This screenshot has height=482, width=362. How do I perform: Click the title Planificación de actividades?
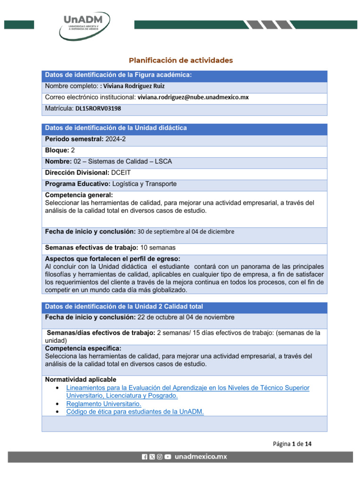tap(181, 60)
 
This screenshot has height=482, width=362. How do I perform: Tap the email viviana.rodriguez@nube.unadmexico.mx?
tap(193, 97)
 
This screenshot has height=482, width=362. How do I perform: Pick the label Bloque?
tap(57, 151)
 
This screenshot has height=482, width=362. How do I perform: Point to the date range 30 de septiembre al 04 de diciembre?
tap(186, 232)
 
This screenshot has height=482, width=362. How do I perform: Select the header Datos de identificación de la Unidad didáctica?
tap(115, 128)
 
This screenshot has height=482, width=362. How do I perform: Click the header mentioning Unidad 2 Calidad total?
tap(123, 307)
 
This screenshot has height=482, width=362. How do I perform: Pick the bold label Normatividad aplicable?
tap(80, 379)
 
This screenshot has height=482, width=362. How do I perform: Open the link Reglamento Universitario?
tap(104, 404)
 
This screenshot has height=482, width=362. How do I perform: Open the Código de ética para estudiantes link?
tap(135, 412)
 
